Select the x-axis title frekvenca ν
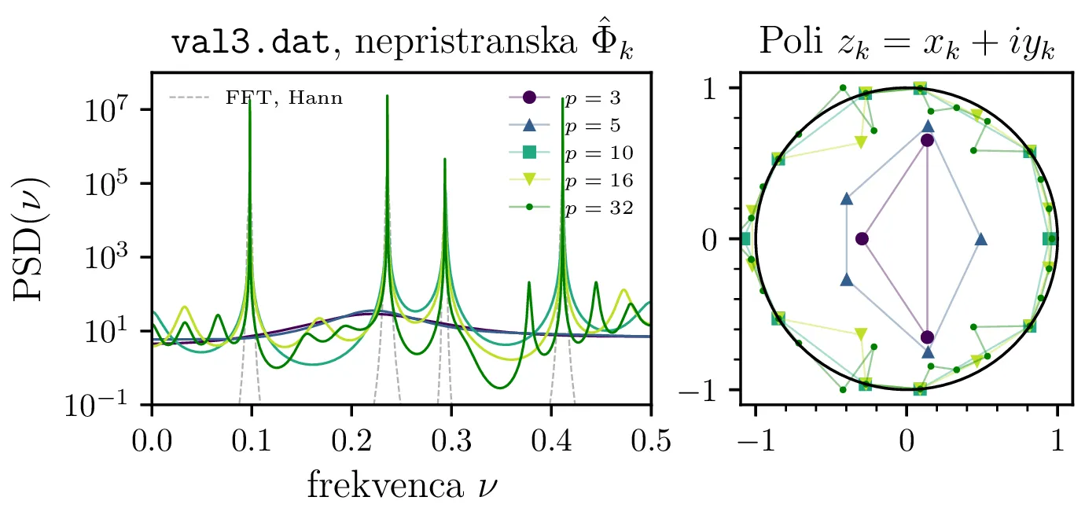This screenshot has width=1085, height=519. tap(401, 486)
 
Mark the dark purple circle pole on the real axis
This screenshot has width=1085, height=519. tap(862, 238)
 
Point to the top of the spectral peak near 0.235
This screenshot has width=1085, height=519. tap(387, 97)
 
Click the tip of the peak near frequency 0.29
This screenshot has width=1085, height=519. tap(445, 159)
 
